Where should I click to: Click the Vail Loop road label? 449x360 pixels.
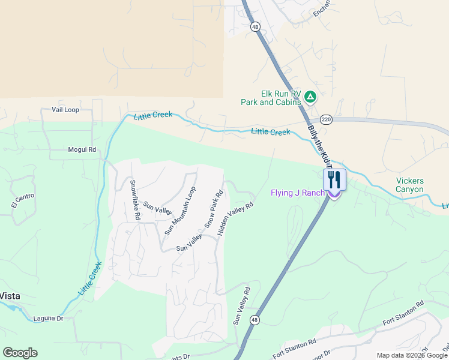coord(65,110)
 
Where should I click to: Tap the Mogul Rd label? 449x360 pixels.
coord(82,149)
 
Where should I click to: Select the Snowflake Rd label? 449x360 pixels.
coord(136,200)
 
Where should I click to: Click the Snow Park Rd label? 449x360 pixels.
coord(214,209)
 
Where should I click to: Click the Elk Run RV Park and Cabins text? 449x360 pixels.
coord(271,98)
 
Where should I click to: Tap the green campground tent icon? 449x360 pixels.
coord(310,96)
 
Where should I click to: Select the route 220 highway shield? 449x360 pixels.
coord(326,119)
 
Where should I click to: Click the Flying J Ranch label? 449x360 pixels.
coord(297,193)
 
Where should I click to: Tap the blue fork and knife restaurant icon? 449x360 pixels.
coord(334,179)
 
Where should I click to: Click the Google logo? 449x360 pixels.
coord(20,353)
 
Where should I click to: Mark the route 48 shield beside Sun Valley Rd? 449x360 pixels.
coord(255,319)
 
